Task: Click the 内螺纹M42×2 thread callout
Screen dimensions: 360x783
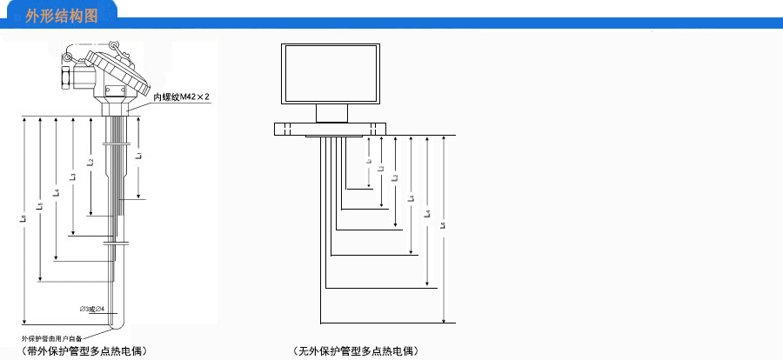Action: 182,97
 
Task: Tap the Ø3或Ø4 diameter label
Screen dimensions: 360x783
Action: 92,309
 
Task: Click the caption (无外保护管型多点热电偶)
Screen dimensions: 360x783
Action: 356,351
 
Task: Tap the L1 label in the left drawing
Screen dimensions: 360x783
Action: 138,156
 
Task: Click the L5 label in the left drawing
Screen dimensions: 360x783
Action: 40,205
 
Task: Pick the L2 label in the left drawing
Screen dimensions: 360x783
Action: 90,163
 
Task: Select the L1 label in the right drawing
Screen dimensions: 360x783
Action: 369,162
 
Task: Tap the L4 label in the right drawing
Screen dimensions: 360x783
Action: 411,197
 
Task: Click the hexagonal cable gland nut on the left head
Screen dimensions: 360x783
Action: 67,78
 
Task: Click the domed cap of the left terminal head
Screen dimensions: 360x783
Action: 121,68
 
